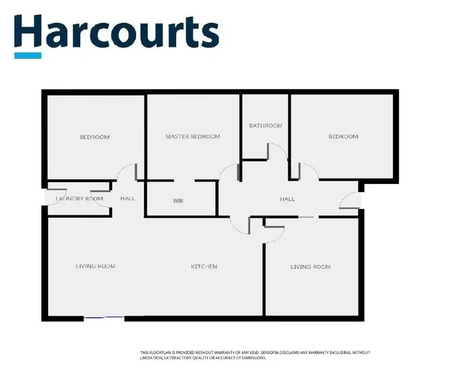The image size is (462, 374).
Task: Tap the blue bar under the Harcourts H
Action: pos(28,55)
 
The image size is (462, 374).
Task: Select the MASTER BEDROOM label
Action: pos(192,137)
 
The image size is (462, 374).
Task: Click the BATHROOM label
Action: pos(265,126)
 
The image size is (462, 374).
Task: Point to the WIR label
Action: pos(178,201)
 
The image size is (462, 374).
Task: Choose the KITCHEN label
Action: pos(204,266)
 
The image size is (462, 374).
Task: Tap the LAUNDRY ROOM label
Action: pos(79,199)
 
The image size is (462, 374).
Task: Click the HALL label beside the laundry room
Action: pos(128,199)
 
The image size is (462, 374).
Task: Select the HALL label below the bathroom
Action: pos(287,199)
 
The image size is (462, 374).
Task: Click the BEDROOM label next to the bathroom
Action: pos(342,137)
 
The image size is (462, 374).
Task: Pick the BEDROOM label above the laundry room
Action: pos(95,137)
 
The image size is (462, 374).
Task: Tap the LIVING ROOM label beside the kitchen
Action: pos(95,266)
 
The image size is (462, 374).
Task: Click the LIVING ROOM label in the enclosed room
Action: pos(310,267)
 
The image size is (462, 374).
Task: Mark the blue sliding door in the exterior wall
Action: pos(104,317)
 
